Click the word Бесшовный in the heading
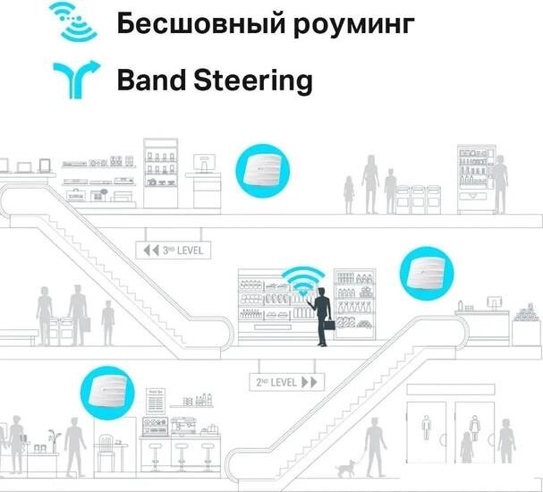click(x=201, y=23)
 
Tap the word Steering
click(x=253, y=81)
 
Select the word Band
click(x=151, y=80)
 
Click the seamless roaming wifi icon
click(x=72, y=22)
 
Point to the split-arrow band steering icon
click(x=76, y=80)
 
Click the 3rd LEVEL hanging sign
click(x=174, y=250)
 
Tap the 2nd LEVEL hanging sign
click(x=287, y=382)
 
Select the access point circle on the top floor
click(x=262, y=172)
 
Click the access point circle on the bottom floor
click(x=107, y=393)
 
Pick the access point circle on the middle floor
click(x=427, y=273)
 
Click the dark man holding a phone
click(x=321, y=317)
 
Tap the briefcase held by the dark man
click(x=329, y=324)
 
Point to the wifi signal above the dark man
click(x=303, y=281)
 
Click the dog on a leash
click(x=345, y=469)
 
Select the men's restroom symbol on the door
click(x=427, y=428)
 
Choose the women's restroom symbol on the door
click(x=474, y=428)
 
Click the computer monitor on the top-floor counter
click(x=204, y=164)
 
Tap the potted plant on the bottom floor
click(x=55, y=440)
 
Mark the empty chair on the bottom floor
click(x=106, y=453)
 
